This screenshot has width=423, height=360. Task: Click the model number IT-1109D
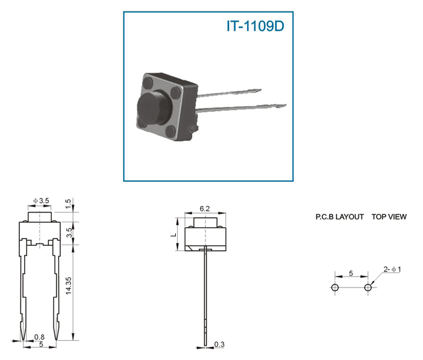255,26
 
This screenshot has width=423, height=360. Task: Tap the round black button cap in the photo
152,108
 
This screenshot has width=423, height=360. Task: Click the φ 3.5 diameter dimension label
41,201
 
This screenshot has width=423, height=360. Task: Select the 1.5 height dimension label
68,204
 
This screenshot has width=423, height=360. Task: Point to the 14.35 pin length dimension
68,286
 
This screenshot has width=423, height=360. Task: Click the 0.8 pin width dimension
39,337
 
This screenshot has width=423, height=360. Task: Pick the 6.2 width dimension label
204,209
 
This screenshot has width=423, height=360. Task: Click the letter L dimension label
174,234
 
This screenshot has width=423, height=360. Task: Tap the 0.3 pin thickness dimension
219,344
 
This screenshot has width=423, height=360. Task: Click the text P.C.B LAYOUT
340,217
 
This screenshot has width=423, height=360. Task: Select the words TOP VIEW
389,217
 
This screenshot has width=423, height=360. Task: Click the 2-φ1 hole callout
392,269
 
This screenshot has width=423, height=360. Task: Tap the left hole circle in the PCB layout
335,288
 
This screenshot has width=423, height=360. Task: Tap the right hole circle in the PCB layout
368,288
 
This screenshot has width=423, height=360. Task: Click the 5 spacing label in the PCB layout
351,273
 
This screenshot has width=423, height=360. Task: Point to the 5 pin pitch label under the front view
41,344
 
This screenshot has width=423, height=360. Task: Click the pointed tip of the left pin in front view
24,339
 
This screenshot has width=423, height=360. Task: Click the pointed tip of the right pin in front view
56,339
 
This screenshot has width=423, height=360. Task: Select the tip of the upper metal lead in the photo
261,89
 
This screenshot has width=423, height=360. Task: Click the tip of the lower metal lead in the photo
286,105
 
